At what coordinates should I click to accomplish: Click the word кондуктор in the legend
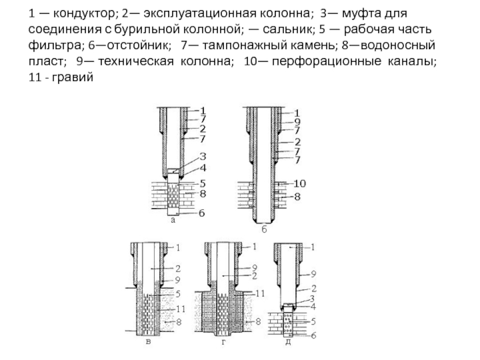pyautogui.click(x=83, y=13)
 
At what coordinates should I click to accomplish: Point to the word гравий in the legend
pyautogui.click(x=73, y=77)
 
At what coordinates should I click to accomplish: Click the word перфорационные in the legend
pyautogui.click(x=326, y=61)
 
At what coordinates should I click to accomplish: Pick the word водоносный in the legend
pyautogui.click(x=398, y=46)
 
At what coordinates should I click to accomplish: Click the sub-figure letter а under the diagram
pyautogui.click(x=173, y=220)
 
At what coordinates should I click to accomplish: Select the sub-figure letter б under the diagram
pyautogui.click(x=264, y=229)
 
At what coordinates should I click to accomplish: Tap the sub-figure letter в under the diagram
pyautogui.click(x=148, y=342)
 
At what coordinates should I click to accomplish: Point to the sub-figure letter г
pyautogui.click(x=223, y=342)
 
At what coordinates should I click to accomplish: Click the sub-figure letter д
pyautogui.click(x=288, y=342)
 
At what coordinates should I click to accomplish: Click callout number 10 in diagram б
pyautogui.click(x=299, y=184)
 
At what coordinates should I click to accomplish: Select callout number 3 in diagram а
pyautogui.click(x=203, y=157)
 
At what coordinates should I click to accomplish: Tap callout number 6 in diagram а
pyautogui.click(x=202, y=213)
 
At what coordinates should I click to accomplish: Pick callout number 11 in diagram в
pyautogui.click(x=181, y=309)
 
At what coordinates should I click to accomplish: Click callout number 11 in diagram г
pyautogui.click(x=260, y=294)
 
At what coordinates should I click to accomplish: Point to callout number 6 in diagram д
pyautogui.click(x=313, y=335)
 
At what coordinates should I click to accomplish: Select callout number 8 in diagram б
pyautogui.click(x=297, y=197)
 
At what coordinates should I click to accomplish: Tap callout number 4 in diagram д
pyautogui.click(x=313, y=307)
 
